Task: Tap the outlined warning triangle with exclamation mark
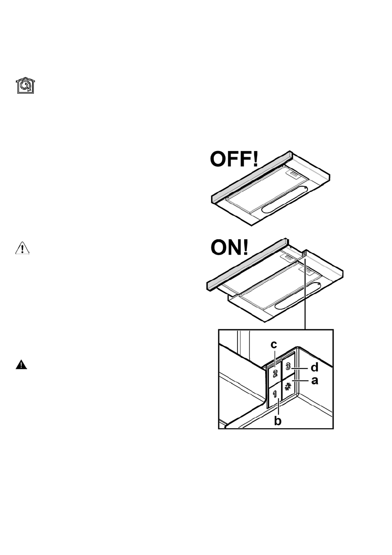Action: [22, 249]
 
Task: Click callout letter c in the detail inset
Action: [274, 345]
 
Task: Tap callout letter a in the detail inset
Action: [314, 381]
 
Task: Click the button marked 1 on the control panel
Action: [275, 394]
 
